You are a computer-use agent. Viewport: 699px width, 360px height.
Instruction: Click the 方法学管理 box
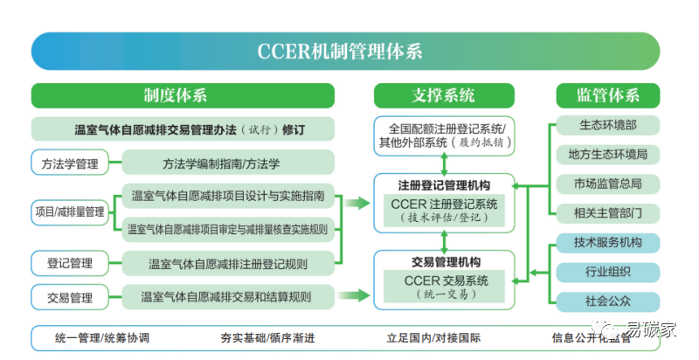[70, 163]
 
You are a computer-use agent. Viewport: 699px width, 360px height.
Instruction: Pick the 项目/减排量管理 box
[70, 211]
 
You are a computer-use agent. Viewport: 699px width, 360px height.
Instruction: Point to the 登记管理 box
[70, 261]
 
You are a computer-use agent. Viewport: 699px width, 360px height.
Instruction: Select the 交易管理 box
[70, 298]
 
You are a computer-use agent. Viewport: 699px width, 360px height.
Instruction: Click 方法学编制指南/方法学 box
[227, 163]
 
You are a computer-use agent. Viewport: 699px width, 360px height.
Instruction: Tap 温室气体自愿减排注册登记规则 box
[227, 261]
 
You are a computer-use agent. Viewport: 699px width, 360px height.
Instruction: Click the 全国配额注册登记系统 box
[443, 134]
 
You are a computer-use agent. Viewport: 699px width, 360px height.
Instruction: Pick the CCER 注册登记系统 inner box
[444, 210]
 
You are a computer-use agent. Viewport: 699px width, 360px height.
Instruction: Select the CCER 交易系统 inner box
[444, 286]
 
